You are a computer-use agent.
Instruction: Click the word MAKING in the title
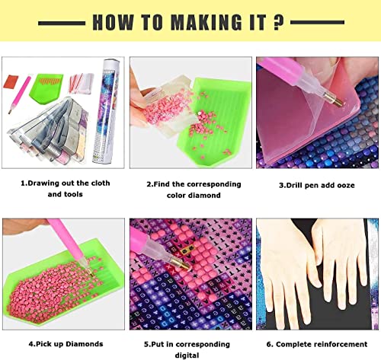click(x=206, y=22)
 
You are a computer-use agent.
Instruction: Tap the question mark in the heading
click(x=279, y=22)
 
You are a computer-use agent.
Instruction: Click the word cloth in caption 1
click(x=101, y=183)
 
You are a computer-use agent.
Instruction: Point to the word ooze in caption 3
click(x=346, y=186)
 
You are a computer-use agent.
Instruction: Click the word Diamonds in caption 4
click(x=85, y=344)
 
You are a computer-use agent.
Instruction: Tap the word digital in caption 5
click(x=187, y=355)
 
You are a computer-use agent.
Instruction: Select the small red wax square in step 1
click(x=11, y=81)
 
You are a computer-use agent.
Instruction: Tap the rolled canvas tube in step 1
click(x=106, y=111)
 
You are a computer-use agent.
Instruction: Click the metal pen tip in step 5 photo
click(x=181, y=263)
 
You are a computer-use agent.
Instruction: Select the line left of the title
click(x=62, y=24)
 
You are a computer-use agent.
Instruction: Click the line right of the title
click(x=317, y=22)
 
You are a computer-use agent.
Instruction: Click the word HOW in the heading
click(x=113, y=22)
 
